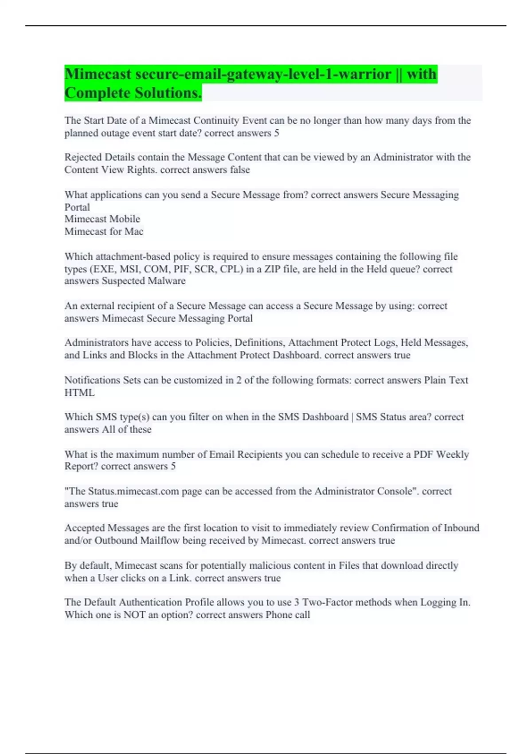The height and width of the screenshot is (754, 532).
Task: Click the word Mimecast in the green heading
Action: pyautogui.click(x=98, y=74)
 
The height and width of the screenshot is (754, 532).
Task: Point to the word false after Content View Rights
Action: pyautogui.click(x=239, y=170)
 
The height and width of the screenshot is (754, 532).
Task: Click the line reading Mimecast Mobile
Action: pyautogui.click(x=102, y=219)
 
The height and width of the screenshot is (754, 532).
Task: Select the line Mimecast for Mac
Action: pyautogui.click(x=104, y=232)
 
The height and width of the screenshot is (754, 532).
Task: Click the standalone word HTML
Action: pyautogui.click(x=79, y=393)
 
